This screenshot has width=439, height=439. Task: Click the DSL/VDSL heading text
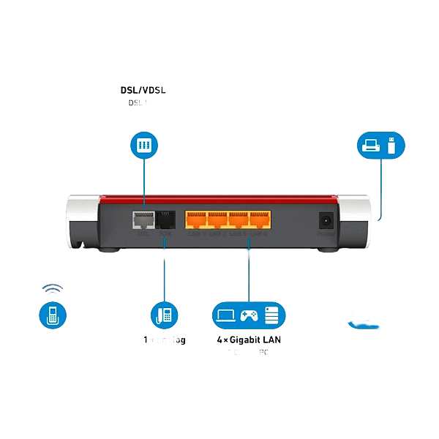tap(144, 91)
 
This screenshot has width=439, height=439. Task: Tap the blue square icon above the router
tap(144, 145)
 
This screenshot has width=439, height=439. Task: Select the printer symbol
tap(371, 146)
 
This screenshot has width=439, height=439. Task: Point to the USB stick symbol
tap(391, 145)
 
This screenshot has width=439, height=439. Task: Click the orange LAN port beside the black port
tap(196, 219)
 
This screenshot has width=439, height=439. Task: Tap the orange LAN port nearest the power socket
tap(260, 219)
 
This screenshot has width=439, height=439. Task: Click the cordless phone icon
tap(52, 316)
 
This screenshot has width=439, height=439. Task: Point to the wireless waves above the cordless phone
tap(51, 290)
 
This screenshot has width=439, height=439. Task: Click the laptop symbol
tap(225, 315)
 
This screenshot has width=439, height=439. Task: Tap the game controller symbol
tap(249, 315)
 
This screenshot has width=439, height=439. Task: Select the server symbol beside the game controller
tap(271, 315)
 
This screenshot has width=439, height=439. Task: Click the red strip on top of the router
tap(219, 198)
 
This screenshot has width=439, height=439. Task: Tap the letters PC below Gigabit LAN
tap(263, 353)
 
